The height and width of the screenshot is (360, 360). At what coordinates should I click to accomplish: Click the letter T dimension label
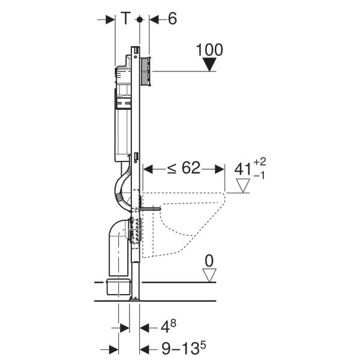125,19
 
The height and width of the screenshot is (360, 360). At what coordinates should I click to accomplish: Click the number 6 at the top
172,19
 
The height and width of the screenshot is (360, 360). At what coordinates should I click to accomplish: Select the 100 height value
209,50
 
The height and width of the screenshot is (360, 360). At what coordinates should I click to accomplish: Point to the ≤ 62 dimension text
183,169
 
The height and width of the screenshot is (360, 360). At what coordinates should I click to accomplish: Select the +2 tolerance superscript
260,163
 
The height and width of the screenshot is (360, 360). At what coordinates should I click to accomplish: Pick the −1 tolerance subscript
260,176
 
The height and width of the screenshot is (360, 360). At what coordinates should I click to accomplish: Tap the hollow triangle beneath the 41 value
242,187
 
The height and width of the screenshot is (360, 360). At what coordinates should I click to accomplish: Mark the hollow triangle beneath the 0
209,275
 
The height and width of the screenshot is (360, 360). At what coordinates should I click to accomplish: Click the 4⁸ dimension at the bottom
168,328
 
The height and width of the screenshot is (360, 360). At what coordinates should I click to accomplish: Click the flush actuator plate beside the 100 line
146,71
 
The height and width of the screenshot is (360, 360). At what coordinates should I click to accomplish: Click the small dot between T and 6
139,19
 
